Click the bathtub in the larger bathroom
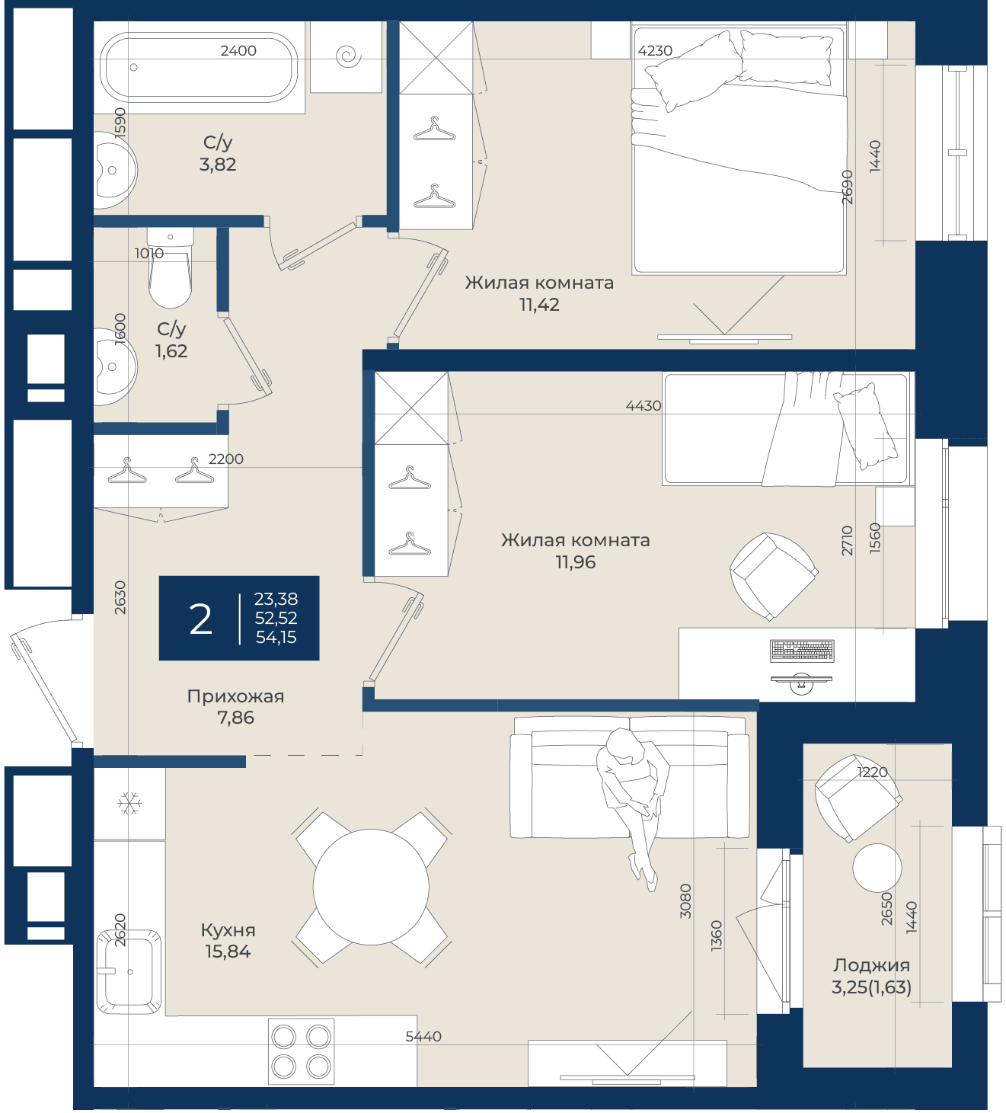(199, 67)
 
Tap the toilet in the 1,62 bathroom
(171, 267)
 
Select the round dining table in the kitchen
(371, 887)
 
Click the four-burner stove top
(302, 1051)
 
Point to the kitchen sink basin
(129, 971)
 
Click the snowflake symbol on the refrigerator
(129, 803)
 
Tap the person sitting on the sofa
(633, 804)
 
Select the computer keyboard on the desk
(802, 651)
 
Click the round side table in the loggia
(877, 868)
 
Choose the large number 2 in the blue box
(200, 619)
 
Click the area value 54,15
(276, 638)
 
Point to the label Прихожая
(235, 696)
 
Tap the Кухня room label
(228, 930)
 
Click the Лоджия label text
(871, 965)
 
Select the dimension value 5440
(423, 1036)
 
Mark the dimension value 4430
(644, 405)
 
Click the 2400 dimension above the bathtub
(238, 50)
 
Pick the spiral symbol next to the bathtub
(348, 56)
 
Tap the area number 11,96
(576, 562)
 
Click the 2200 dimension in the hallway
(226, 459)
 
